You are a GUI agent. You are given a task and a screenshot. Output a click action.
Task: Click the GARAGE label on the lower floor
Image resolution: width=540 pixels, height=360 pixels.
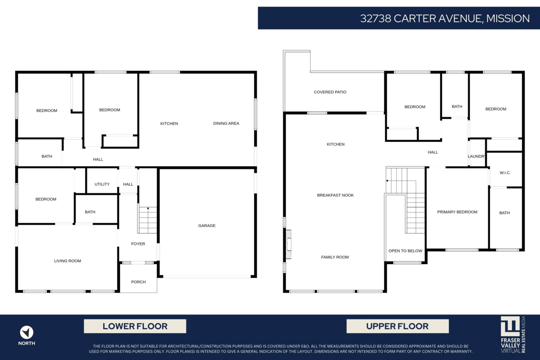pos(207,225)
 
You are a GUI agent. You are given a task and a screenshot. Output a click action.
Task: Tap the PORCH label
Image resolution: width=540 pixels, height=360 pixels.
pos(139,282)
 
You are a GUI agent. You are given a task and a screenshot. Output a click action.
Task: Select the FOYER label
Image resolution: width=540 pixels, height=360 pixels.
pos(138,244)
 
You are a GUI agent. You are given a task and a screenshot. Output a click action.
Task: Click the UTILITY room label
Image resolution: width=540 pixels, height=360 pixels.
pos(102,184)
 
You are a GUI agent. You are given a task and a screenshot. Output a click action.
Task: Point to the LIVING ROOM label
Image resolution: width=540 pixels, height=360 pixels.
pos(67,261)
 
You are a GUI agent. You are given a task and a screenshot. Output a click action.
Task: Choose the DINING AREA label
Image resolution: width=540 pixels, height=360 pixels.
pos(226,123)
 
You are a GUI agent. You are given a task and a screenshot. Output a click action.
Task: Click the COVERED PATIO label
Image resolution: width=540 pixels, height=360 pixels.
pos(330,92)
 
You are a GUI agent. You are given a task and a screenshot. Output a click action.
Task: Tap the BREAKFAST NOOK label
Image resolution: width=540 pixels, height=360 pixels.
pos(335,195)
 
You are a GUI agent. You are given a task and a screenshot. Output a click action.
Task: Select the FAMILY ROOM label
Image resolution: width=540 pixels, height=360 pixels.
pos(335,257)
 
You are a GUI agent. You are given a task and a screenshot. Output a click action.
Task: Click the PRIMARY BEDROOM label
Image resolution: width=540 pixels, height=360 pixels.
pos(457,212)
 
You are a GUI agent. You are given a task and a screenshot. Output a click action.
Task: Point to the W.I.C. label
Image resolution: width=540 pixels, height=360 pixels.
pos(505,173)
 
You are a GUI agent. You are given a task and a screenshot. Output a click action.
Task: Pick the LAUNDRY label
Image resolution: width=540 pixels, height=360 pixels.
pos(477,156)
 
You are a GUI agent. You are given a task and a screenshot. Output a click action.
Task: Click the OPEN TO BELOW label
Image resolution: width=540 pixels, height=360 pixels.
pos(405,251)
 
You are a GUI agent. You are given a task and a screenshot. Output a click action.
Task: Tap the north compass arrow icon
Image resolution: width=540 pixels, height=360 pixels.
pos(27,333)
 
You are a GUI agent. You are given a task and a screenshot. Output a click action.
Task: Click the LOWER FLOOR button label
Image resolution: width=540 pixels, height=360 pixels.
pos(135,326)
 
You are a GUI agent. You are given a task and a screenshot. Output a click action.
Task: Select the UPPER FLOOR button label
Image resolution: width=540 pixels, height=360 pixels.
pos(397,326)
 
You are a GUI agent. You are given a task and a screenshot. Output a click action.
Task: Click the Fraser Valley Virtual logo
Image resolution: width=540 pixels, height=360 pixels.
pos(513,335)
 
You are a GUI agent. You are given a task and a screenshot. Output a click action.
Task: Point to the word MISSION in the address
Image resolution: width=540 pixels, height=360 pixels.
pos(508,18)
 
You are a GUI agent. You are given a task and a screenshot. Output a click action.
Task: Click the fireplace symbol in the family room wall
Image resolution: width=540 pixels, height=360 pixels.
pos(288,244)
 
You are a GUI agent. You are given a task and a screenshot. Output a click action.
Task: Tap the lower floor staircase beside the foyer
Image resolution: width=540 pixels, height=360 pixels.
pos(148,220)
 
